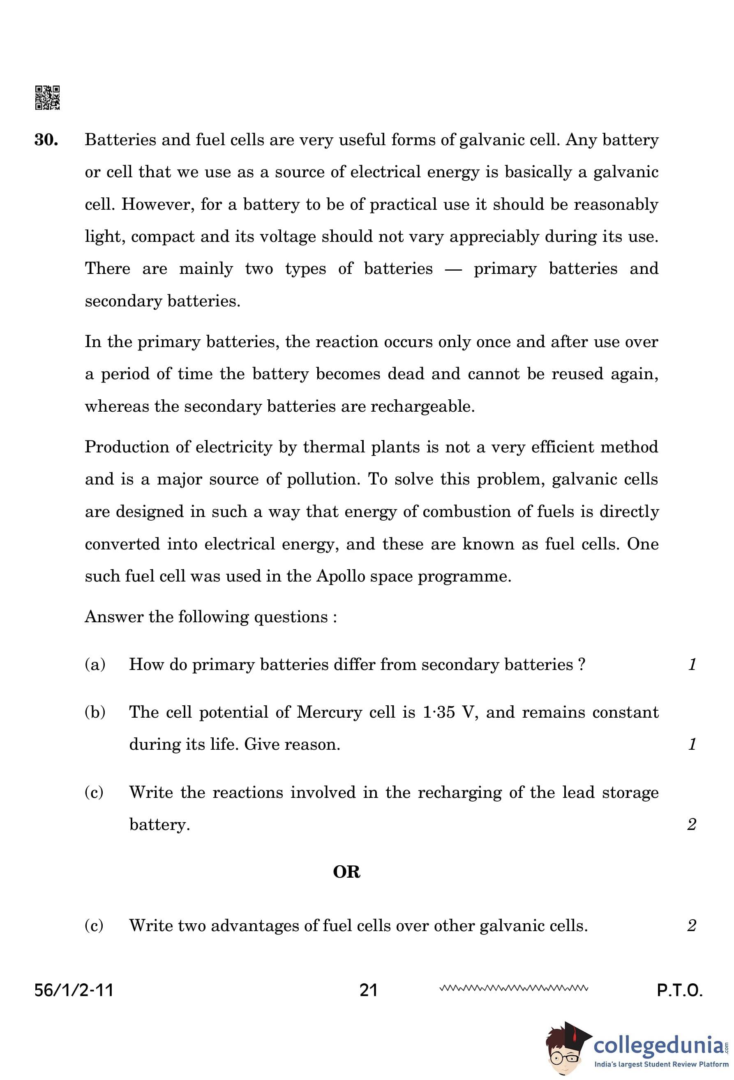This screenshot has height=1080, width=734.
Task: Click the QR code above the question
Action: pyautogui.click(x=47, y=97)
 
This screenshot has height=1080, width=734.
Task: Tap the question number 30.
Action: pyautogui.click(x=46, y=140)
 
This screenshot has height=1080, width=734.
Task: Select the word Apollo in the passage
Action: pyautogui.click(x=335, y=576)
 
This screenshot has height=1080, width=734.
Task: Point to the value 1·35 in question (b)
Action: pyautogui.click(x=439, y=712)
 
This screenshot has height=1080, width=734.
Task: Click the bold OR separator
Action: pyautogui.click(x=346, y=872)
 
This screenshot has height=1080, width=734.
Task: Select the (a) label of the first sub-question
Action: pyautogui.click(x=95, y=665)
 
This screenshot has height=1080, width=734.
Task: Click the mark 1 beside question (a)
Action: pyautogui.click(x=692, y=665)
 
